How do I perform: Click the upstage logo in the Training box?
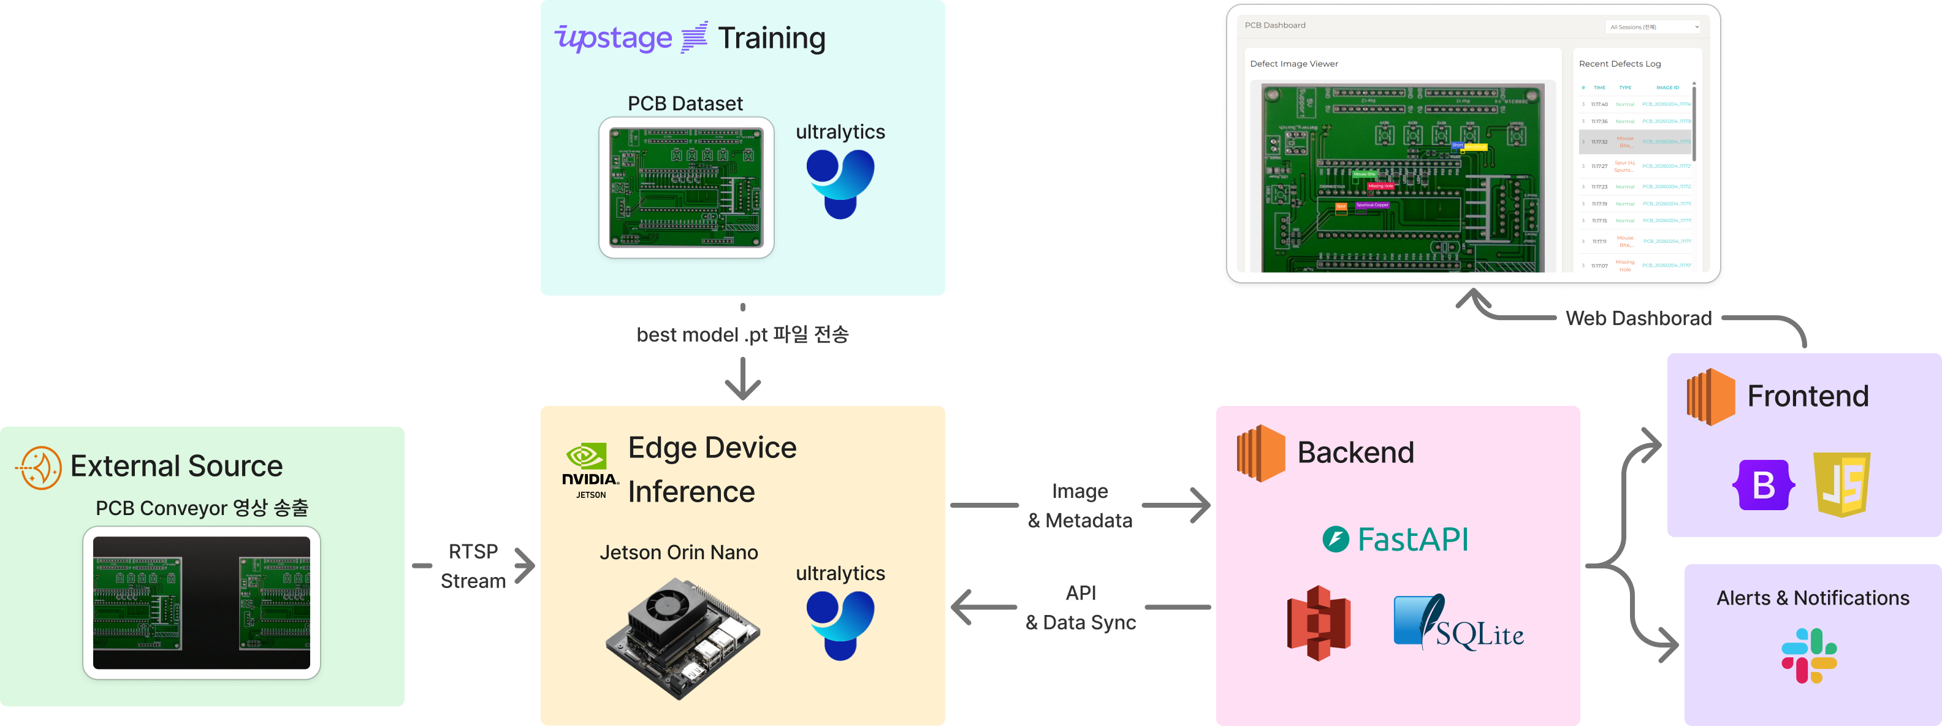click(613, 37)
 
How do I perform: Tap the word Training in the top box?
click(771, 37)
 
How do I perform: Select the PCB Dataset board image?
click(686, 187)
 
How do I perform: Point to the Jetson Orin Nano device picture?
click(682, 638)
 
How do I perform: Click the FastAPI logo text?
click(1395, 539)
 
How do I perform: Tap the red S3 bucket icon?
click(1319, 624)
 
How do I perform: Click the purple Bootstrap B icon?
click(1764, 485)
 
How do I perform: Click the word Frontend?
click(1808, 395)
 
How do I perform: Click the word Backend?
click(1355, 453)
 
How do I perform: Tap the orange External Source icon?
click(39, 467)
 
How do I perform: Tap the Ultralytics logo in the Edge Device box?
click(840, 625)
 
